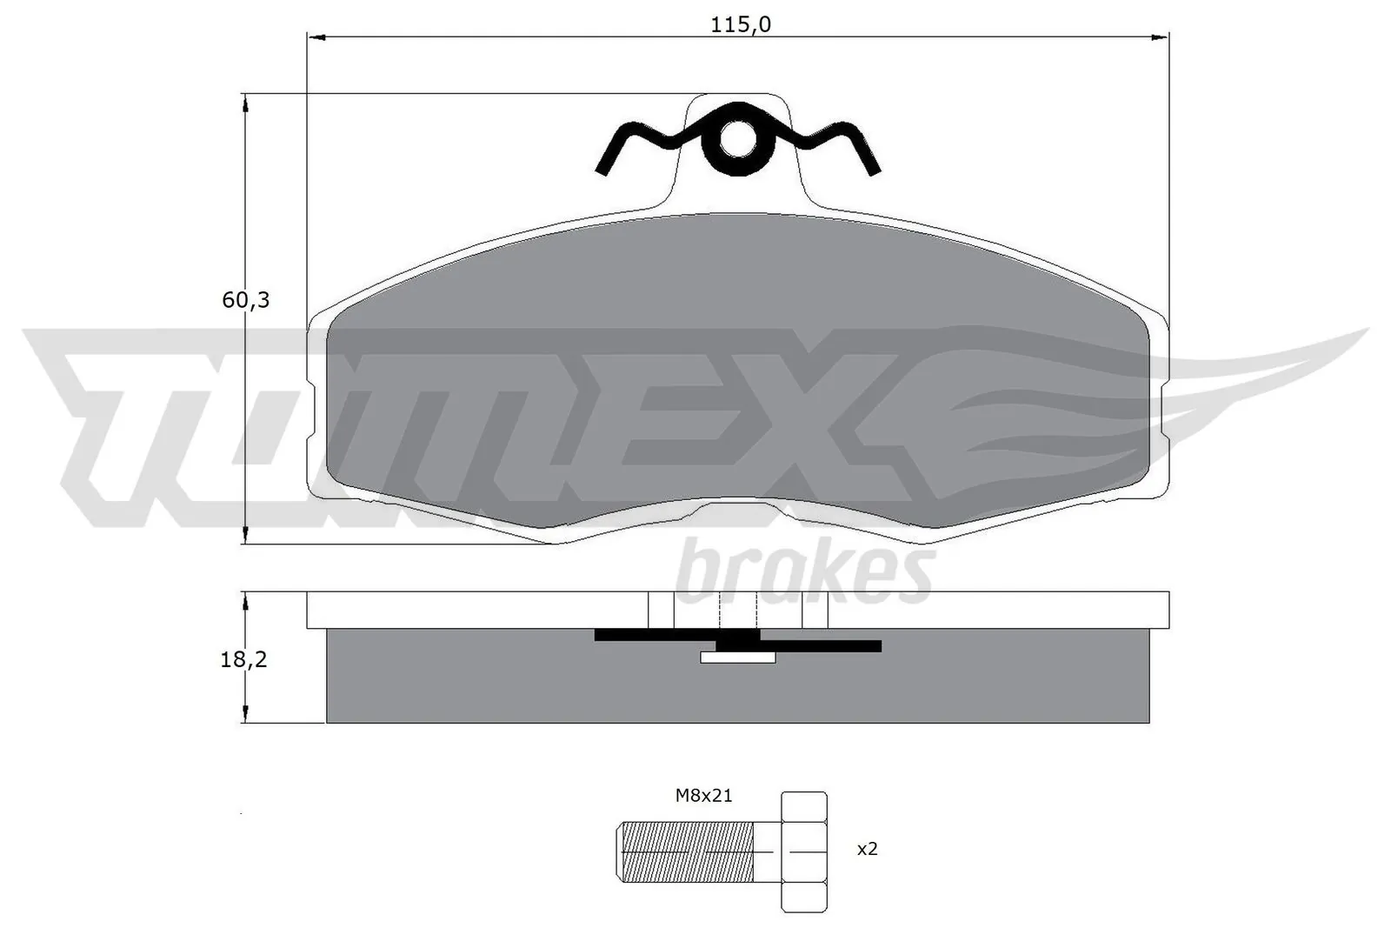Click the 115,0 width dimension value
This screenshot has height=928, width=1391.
click(x=740, y=24)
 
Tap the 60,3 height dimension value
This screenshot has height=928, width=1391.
click(x=246, y=300)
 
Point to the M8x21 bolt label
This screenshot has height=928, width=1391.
click(x=703, y=795)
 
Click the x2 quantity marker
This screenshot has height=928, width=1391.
click(x=867, y=849)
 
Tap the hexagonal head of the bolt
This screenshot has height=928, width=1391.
click(x=804, y=851)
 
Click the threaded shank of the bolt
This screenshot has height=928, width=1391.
click(x=687, y=851)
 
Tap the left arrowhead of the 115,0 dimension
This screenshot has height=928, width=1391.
click(x=315, y=37)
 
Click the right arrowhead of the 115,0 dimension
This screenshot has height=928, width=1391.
click(x=1161, y=37)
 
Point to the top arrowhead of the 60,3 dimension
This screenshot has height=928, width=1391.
click(x=246, y=102)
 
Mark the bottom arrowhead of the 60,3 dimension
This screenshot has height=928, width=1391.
click(x=246, y=536)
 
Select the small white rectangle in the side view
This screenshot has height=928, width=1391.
click(x=737, y=658)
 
